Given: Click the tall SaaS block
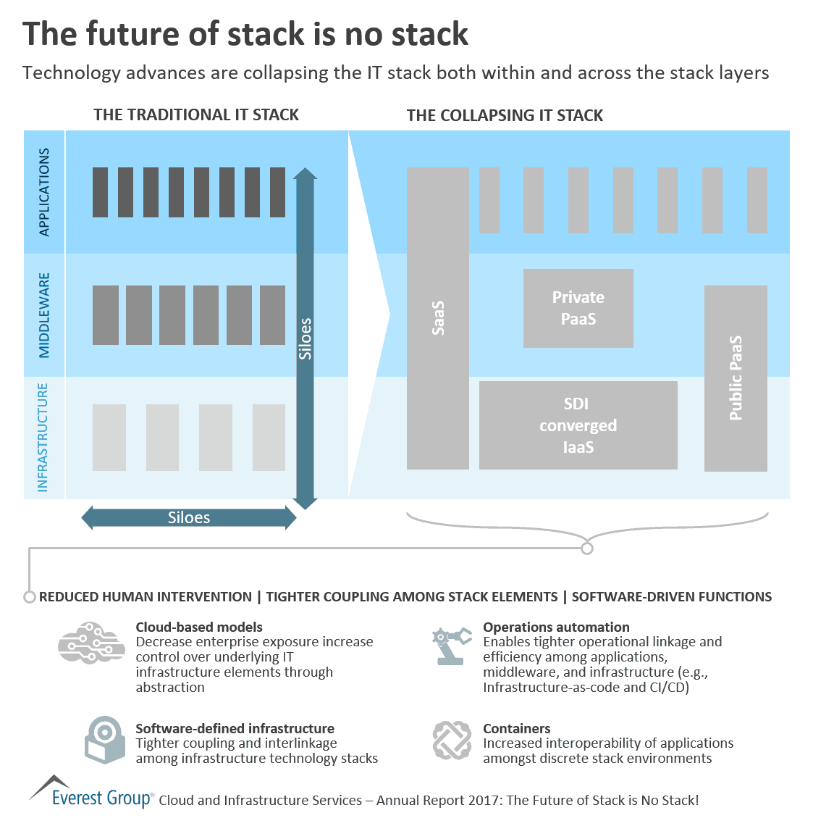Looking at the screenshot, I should click(x=437, y=319).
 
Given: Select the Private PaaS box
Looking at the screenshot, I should click(x=578, y=308).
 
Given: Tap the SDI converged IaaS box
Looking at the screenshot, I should click(x=578, y=425).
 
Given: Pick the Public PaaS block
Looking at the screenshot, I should click(x=735, y=377).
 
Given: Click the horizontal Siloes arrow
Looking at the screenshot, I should click(x=188, y=517).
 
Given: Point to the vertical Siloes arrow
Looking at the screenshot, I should click(x=305, y=338).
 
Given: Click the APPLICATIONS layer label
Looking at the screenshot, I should click(x=44, y=192).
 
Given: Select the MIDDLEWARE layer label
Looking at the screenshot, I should click(x=44, y=315).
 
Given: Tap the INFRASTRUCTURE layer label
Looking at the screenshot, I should click(x=43, y=437).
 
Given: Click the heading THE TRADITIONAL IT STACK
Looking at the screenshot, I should click(x=195, y=114).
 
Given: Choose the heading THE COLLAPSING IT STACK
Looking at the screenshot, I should click(x=505, y=115).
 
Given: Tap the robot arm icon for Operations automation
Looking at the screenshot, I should click(x=450, y=646).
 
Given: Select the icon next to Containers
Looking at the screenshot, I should click(x=452, y=740).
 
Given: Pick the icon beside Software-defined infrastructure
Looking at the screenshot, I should click(x=105, y=740).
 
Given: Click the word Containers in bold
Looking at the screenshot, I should click(x=516, y=728).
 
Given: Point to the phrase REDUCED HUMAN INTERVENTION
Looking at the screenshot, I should click(x=146, y=597).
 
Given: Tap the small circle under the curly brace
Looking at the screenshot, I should click(x=587, y=548).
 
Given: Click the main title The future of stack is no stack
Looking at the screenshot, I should click(x=245, y=34).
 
